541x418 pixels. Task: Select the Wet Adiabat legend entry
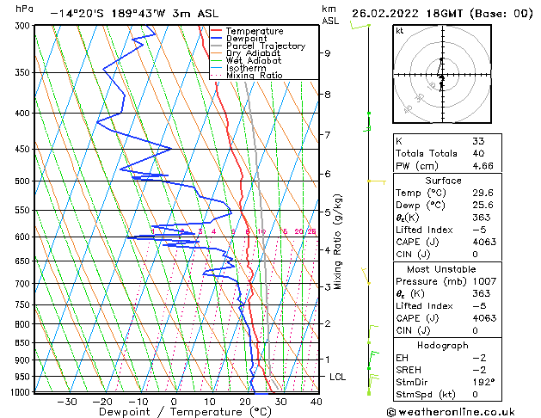(254, 61)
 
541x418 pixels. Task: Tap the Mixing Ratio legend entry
(255, 76)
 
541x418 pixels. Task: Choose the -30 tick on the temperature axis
(67, 402)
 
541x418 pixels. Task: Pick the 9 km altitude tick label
(328, 53)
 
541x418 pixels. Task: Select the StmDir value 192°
(483, 382)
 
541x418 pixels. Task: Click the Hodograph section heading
(444, 345)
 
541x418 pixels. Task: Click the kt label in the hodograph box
(400, 30)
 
